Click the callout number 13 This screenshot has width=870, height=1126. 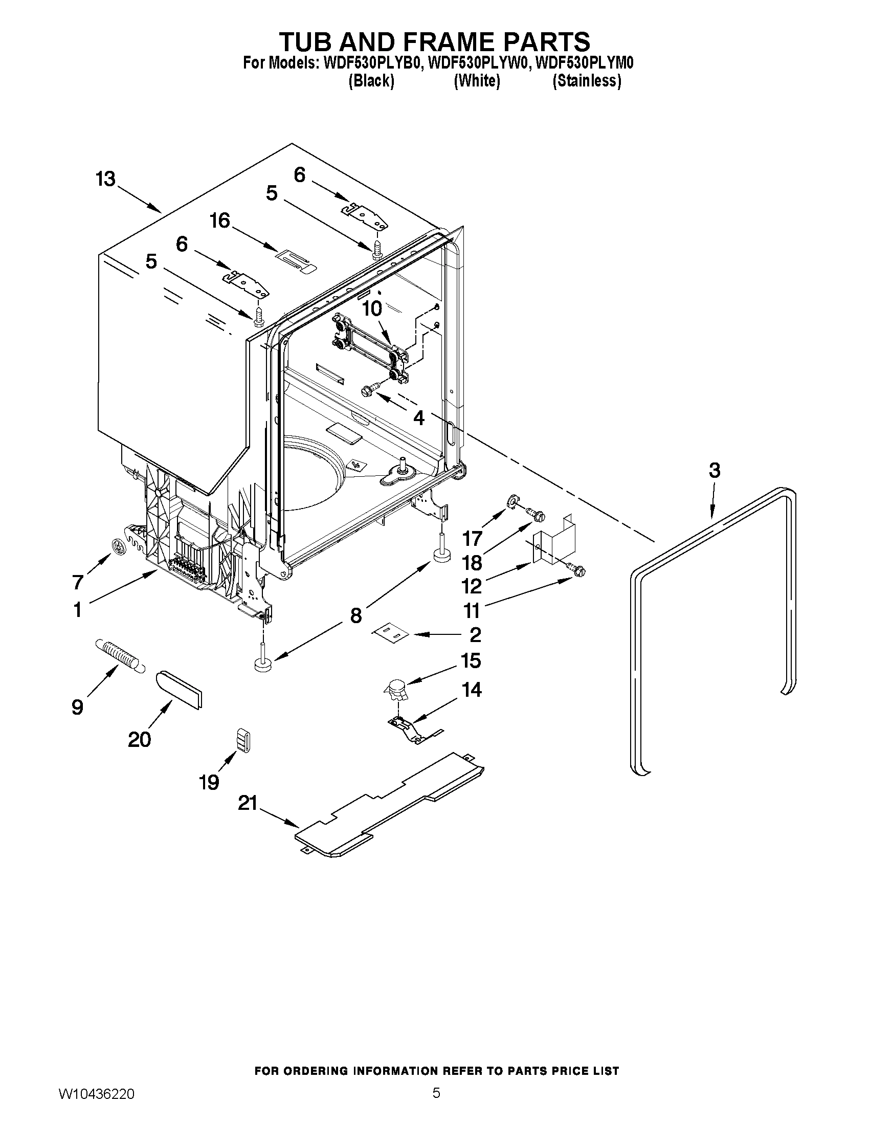[x=105, y=180]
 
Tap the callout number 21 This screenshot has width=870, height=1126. [x=248, y=803]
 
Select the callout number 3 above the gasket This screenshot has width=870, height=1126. [x=714, y=470]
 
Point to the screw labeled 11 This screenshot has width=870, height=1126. [x=579, y=569]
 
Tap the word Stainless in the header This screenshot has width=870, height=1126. [x=587, y=81]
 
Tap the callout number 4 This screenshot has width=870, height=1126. [x=419, y=418]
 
